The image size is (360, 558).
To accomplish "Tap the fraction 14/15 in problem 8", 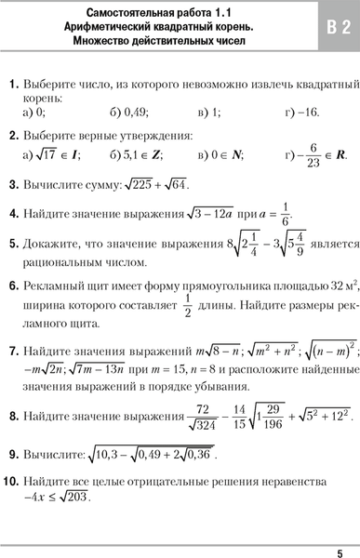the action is tap(240, 424).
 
